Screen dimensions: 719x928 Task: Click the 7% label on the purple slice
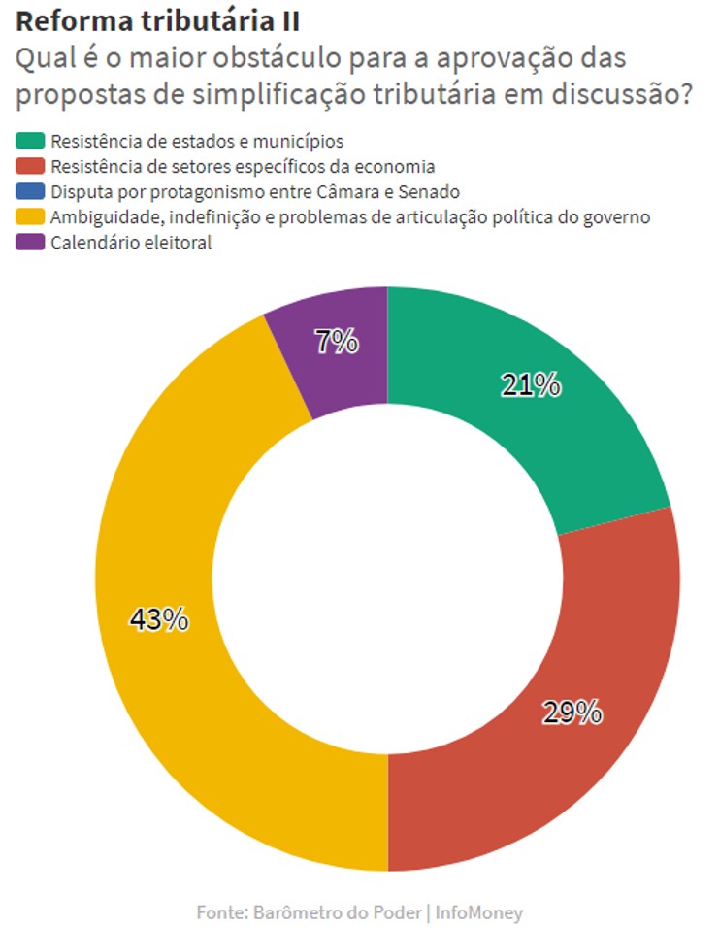[337, 342]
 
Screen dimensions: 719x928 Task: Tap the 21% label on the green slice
[531, 385]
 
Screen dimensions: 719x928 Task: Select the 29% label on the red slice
[572, 712]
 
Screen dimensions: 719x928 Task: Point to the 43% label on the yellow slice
[159, 619]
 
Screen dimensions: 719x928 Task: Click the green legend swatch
[30, 141]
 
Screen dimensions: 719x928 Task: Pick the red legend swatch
[30, 166]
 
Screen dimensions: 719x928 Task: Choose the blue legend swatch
[30, 192]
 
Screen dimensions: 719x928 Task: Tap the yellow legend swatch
[30, 217]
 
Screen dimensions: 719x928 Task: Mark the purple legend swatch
[30, 243]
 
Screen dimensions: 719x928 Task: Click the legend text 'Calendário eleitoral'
[131, 243]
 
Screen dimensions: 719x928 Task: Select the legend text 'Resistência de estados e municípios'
[197, 142]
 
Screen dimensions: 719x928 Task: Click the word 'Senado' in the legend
[429, 192]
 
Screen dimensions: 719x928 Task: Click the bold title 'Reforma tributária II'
[157, 21]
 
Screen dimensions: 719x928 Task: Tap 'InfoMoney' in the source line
[479, 912]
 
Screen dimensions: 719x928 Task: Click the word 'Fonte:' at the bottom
[222, 912]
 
